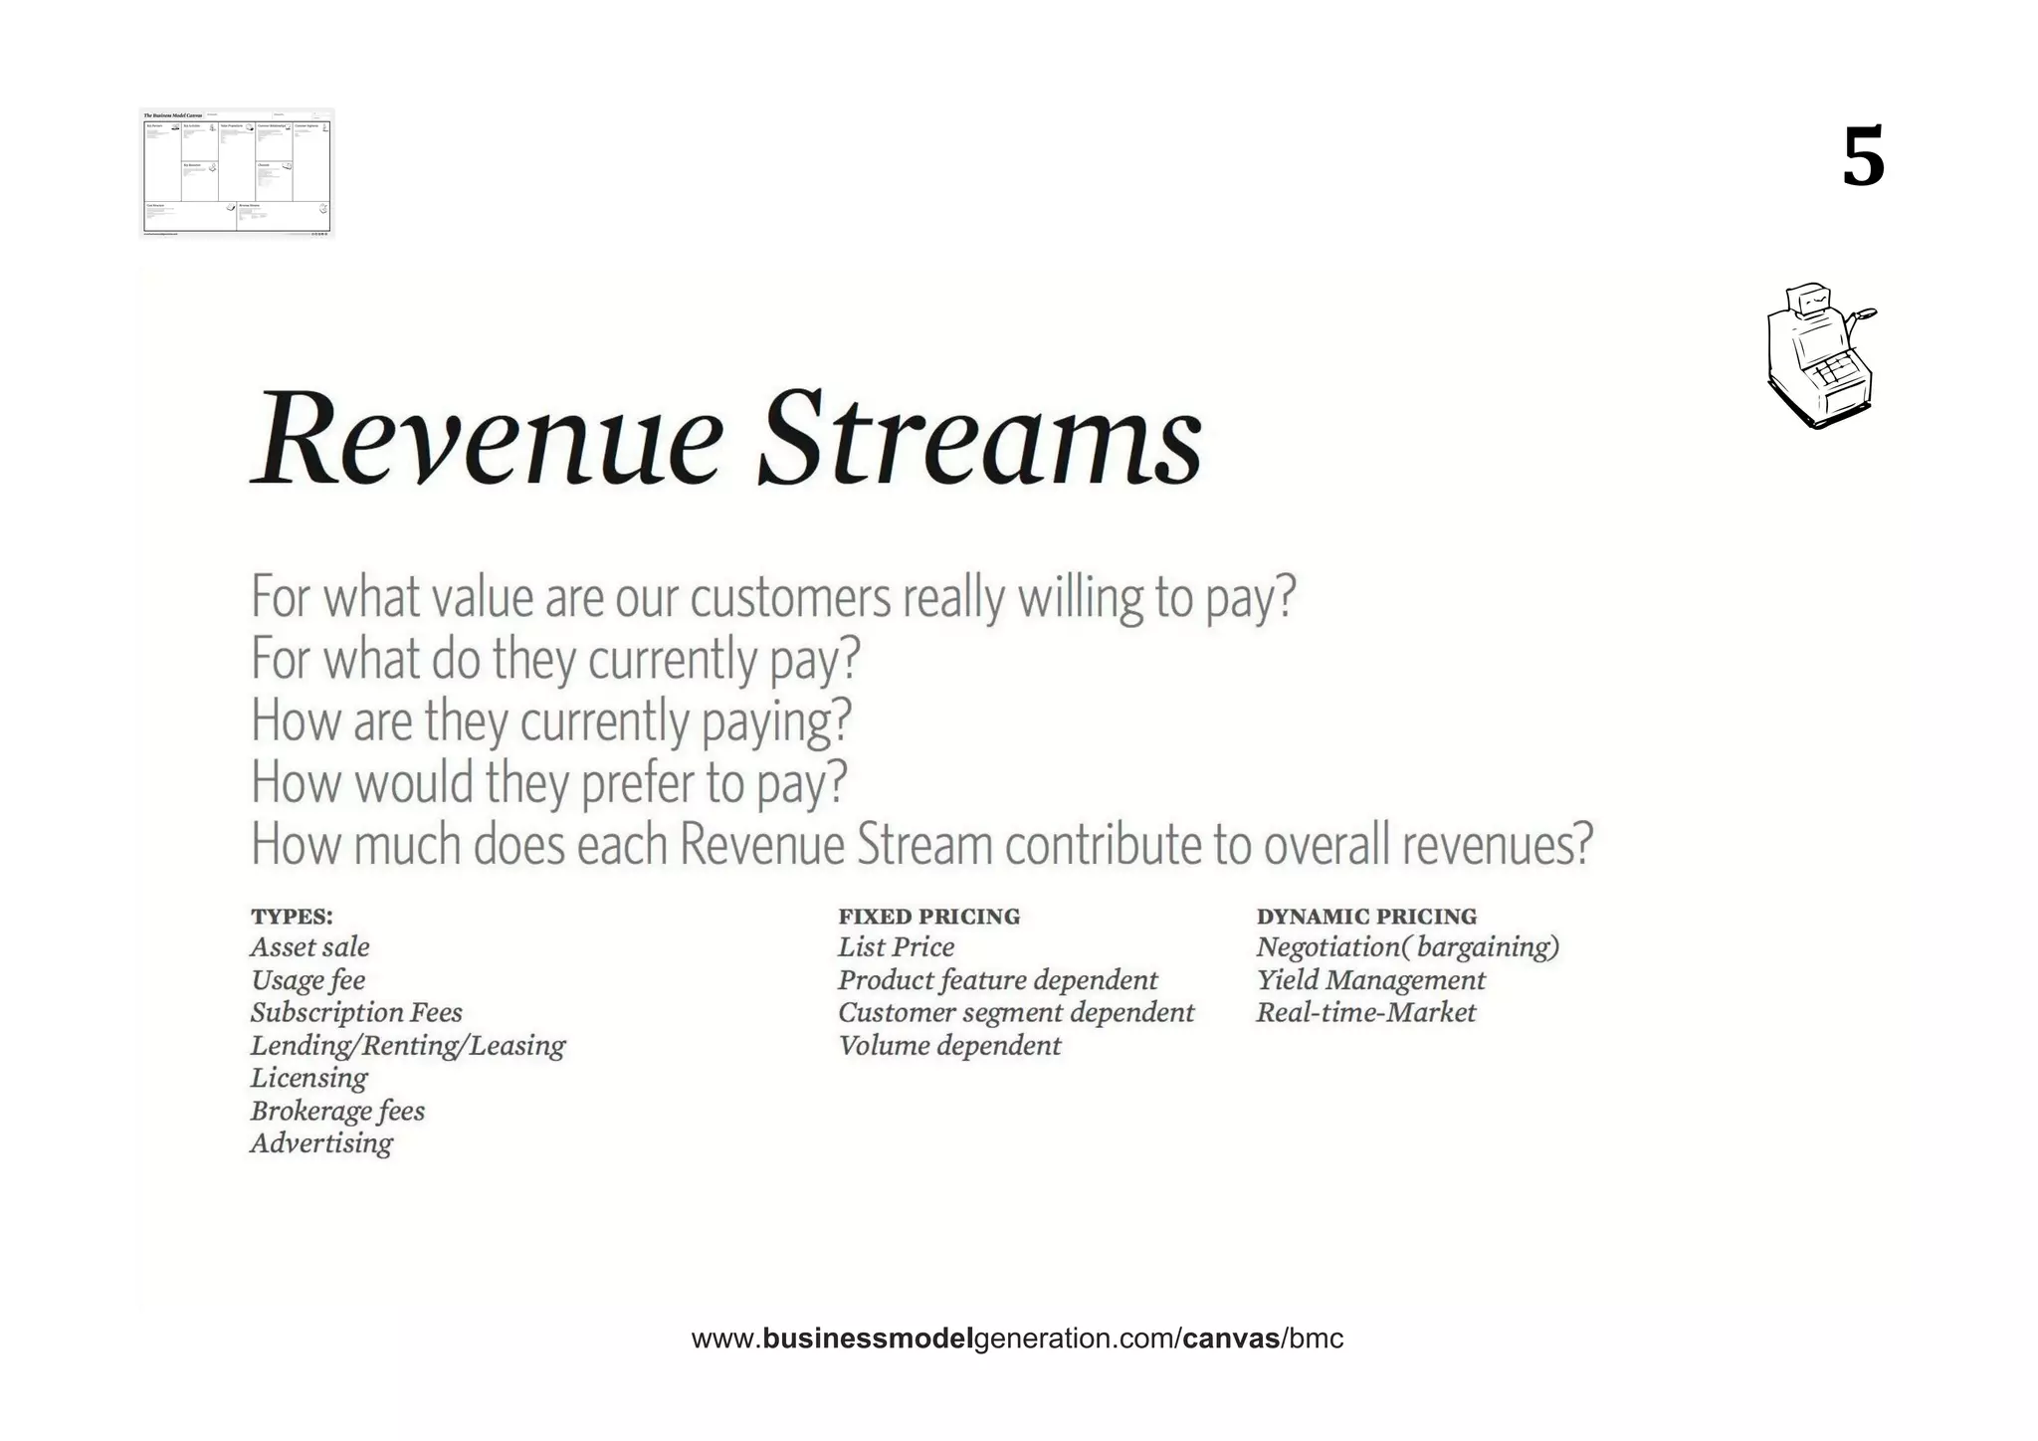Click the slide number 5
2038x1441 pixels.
[1863, 157]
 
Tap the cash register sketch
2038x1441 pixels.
[1820, 356]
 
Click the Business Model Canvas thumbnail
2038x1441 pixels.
[237, 173]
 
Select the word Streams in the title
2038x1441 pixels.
[979, 439]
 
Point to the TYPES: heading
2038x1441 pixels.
[292, 917]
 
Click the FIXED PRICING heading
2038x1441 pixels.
[928, 917]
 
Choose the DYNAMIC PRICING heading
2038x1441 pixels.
[1366, 917]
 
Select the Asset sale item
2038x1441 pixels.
[309, 947]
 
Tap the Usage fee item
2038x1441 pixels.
[307, 980]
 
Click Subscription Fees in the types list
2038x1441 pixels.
[356, 1013]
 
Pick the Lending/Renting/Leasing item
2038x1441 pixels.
[407, 1046]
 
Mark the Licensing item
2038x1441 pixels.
[308, 1078]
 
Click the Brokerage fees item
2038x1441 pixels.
[337, 1111]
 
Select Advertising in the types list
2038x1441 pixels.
[321, 1143]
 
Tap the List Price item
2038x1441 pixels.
[896, 947]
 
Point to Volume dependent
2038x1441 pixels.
[949, 1046]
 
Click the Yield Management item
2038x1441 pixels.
[1370, 980]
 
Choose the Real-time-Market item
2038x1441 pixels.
[1365, 1013]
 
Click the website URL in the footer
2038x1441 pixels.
[1017, 1338]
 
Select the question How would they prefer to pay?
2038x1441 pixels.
[548, 782]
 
